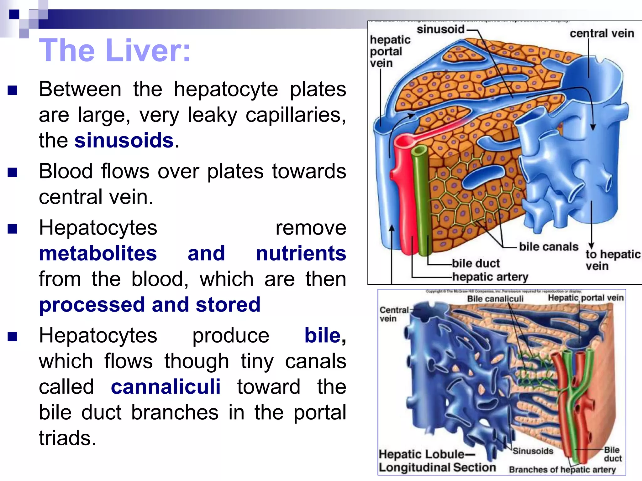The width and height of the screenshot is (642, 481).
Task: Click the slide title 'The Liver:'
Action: pos(115,50)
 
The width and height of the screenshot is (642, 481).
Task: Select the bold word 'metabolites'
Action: pos(98,253)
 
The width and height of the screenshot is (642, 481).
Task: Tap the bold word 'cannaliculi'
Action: pos(166,387)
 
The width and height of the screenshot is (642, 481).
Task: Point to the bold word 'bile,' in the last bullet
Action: pos(325,336)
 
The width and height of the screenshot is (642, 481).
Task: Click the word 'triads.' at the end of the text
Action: pos(67,438)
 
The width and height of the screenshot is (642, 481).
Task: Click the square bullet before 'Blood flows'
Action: pos(12,172)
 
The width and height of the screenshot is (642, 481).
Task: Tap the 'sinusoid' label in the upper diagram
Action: pos(440,29)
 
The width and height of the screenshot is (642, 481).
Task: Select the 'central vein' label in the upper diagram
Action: pos(602,33)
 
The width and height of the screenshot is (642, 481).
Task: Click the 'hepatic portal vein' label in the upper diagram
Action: pos(390,51)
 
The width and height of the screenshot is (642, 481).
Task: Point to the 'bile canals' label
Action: pos(548,247)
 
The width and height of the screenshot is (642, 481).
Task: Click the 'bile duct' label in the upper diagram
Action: pos(476,263)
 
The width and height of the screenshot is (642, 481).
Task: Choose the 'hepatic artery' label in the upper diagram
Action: pos(490,277)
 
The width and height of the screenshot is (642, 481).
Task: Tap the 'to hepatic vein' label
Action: pos(612,260)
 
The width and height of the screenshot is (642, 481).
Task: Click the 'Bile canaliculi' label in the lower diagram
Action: pos(495,299)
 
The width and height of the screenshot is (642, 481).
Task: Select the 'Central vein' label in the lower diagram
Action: pos(394,314)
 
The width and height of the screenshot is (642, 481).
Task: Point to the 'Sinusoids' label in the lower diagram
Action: pos(533,451)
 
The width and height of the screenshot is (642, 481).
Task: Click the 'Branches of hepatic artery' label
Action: pos(562,470)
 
